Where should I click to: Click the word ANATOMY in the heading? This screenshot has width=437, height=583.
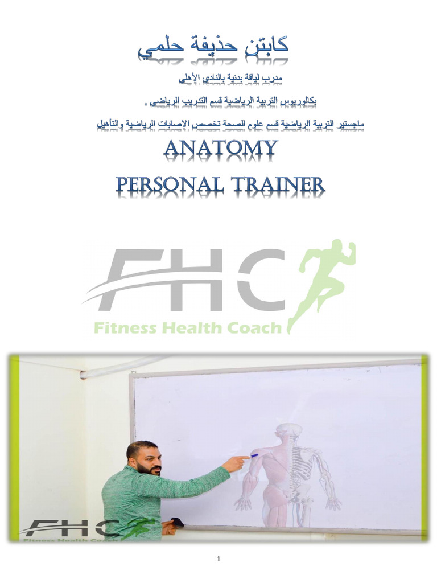pyautogui.click(x=221, y=150)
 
